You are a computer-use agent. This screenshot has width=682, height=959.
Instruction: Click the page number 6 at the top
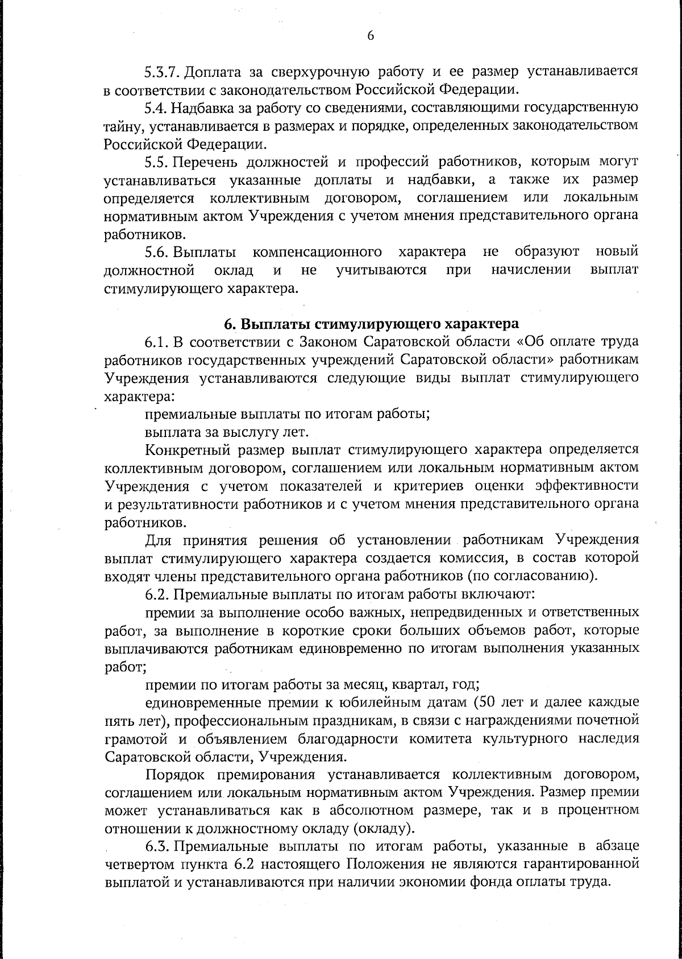click(371, 36)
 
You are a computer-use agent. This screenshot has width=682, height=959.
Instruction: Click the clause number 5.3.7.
click(162, 72)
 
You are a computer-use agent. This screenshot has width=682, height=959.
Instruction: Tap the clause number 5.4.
click(155, 107)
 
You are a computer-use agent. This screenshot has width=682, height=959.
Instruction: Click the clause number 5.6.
click(155, 251)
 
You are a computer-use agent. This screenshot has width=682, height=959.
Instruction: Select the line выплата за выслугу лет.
click(227, 432)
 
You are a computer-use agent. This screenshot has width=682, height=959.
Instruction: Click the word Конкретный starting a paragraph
click(182, 450)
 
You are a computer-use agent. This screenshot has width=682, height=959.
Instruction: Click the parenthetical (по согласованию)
click(532, 575)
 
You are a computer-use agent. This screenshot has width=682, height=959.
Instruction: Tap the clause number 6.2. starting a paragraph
click(156, 594)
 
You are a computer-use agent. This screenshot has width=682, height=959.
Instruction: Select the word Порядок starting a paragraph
click(173, 774)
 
